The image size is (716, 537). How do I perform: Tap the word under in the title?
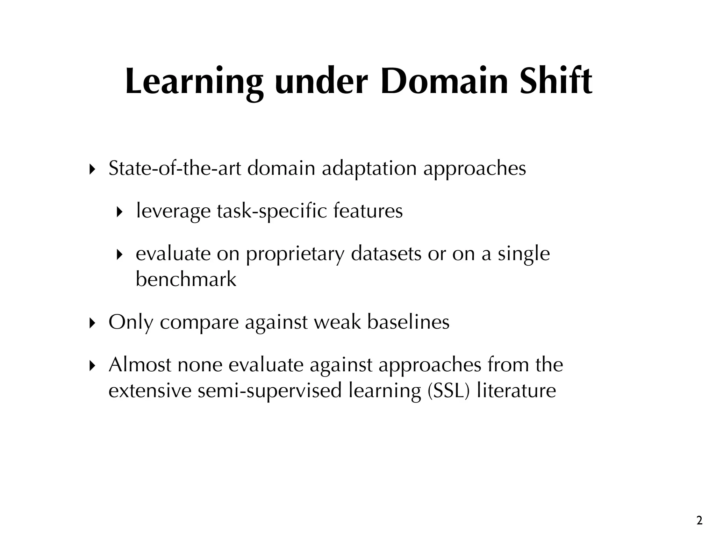tap(321, 81)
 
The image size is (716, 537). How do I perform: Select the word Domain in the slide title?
tap(444, 81)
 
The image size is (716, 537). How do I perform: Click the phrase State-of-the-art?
tap(175, 169)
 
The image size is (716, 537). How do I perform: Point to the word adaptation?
tap(369, 169)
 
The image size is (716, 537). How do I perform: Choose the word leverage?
tap(173, 212)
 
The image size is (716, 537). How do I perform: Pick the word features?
tap(368, 211)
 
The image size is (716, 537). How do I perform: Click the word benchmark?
tap(186, 279)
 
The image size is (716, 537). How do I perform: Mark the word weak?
tap(337, 322)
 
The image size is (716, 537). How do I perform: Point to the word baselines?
tap(408, 322)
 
